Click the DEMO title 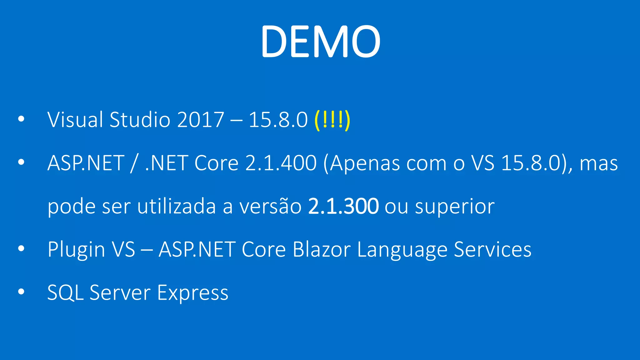[x=320, y=42]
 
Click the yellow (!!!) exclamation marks [x=332, y=120]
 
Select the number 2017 [x=200, y=120]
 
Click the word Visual [x=75, y=120]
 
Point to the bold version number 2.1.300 [x=343, y=207]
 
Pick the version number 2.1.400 [x=281, y=163]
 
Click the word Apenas [x=364, y=163]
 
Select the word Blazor [x=322, y=250]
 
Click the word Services [x=492, y=250]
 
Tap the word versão [x=270, y=207]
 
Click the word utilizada [x=177, y=207]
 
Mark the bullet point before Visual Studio [x=21, y=119]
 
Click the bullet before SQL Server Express [x=21, y=292]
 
